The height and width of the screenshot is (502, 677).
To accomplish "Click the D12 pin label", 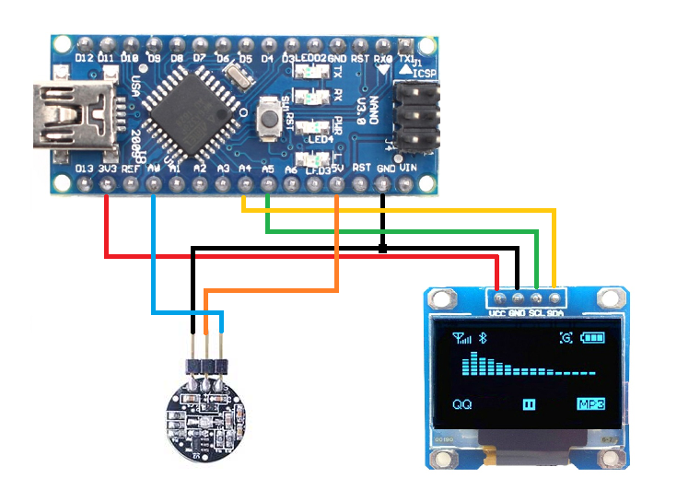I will tap(86, 57).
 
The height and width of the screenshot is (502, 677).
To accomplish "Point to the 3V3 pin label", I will tap(108, 169).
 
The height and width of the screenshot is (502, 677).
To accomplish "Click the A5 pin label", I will tap(268, 169).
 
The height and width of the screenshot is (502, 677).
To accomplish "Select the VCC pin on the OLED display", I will tap(498, 298).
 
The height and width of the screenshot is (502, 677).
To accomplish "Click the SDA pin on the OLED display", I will tap(554, 298).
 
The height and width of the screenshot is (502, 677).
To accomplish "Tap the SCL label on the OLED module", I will tap(536, 313).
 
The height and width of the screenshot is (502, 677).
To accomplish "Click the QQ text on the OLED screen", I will tap(462, 404).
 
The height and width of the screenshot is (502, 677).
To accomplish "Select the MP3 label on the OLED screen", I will tap(589, 404).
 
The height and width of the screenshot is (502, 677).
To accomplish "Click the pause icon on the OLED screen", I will tap(530, 404).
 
